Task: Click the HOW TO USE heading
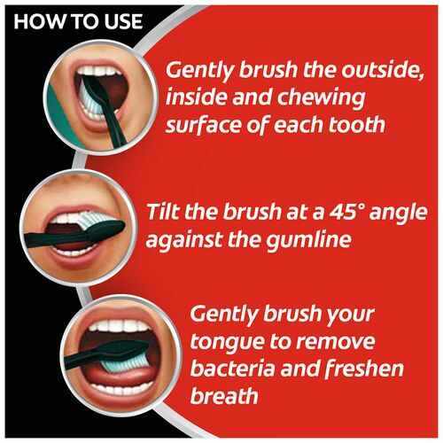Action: click(x=78, y=21)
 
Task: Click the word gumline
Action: click(x=308, y=239)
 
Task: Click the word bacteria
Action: click(x=233, y=369)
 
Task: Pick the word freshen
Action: click(x=363, y=369)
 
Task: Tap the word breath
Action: click(x=224, y=395)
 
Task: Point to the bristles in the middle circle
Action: click(x=88, y=220)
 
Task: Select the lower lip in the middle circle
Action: click(x=77, y=259)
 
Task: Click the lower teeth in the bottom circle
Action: click(x=124, y=387)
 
